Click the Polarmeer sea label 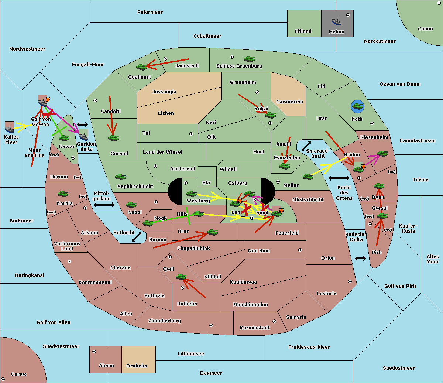[150, 12]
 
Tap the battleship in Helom [336, 21]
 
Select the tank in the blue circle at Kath [357, 107]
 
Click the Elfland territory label [303, 31]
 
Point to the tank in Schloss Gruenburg [250, 59]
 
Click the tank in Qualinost [142, 67]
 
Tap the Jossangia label [164, 92]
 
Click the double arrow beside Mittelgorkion [104, 205]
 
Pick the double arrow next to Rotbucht [137, 237]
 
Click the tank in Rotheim [181, 277]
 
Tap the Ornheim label [137, 366]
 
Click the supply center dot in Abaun [94, 352]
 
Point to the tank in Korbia [63, 194]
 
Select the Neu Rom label [259, 251]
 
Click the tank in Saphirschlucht [120, 177]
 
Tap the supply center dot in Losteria [350, 281]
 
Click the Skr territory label [206, 183]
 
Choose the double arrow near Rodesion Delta [360, 258]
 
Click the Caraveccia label [289, 102]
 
